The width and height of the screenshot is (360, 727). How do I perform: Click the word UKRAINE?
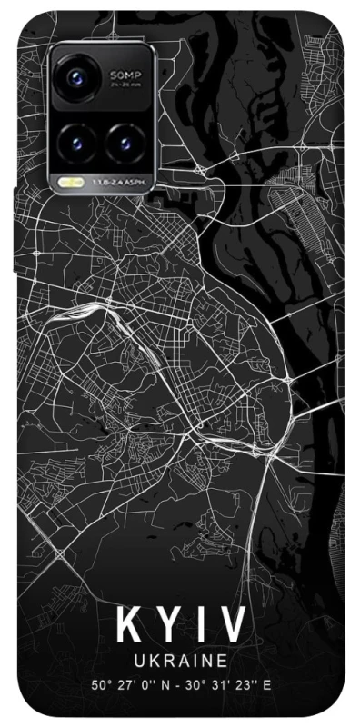click(178, 665)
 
